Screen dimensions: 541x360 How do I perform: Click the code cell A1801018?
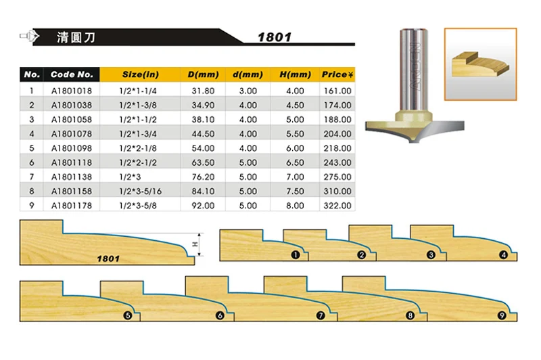72,91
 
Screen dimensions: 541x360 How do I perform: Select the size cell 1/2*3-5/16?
140,192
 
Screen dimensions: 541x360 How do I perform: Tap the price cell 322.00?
337,205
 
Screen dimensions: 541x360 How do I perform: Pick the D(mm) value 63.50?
203,162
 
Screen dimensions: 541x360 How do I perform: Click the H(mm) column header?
295,74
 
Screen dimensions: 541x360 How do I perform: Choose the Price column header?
337,74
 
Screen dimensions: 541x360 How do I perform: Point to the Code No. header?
72,74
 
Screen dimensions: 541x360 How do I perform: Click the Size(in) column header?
141,74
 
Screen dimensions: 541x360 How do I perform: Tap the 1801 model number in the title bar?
275,37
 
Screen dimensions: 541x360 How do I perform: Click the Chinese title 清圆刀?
76,37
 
